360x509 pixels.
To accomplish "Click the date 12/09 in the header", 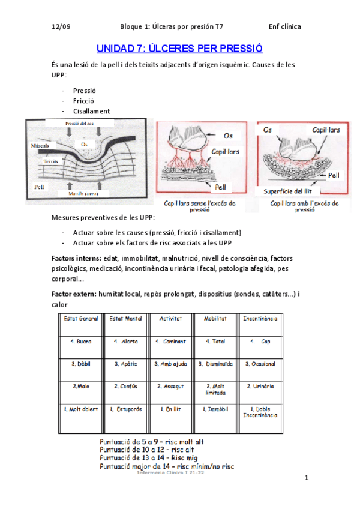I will click(x=62, y=26).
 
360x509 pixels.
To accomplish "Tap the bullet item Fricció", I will click(x=84, y=101).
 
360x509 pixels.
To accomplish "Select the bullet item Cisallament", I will click(x=91, y=111).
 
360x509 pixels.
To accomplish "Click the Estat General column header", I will click(x=81, y=318).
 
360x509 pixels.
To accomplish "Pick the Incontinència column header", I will click(x=260, y=318).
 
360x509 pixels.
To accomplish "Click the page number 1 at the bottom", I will click(x=306, y=478).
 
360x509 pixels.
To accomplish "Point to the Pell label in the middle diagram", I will click(x=221, y=187).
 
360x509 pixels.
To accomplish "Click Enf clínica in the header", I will click(x=284, y=26).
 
